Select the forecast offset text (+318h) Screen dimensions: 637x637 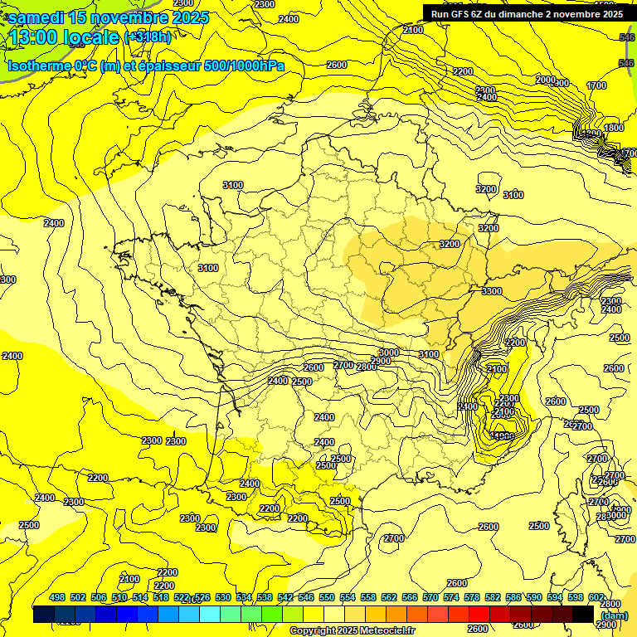click(148, 37)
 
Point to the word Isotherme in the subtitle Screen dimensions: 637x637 click(39, 66)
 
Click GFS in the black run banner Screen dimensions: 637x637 click(463, 13)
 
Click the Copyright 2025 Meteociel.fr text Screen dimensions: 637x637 click(352, 631)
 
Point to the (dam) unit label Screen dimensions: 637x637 click(614, 615)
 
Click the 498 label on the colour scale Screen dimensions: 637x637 click(57, 597)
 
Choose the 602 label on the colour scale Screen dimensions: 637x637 click(596, 597)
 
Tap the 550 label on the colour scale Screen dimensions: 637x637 click(327, 597)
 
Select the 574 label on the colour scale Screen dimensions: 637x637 click(451, 597)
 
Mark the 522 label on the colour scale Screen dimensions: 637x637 click(182, 597)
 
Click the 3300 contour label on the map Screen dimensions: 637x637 click(492, 291)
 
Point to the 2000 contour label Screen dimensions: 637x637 click(545, 80)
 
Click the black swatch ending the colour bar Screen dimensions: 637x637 click(582, 615)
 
